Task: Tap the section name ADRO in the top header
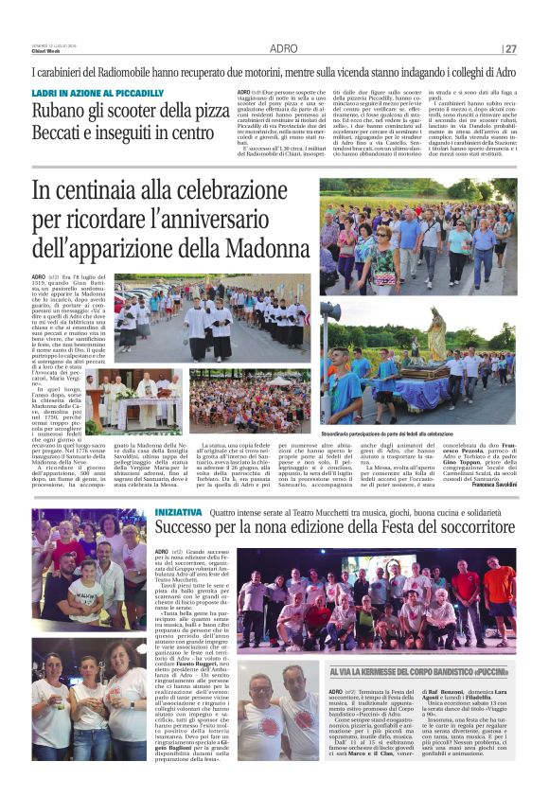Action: pyautogui.click(x=283, y=48)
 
